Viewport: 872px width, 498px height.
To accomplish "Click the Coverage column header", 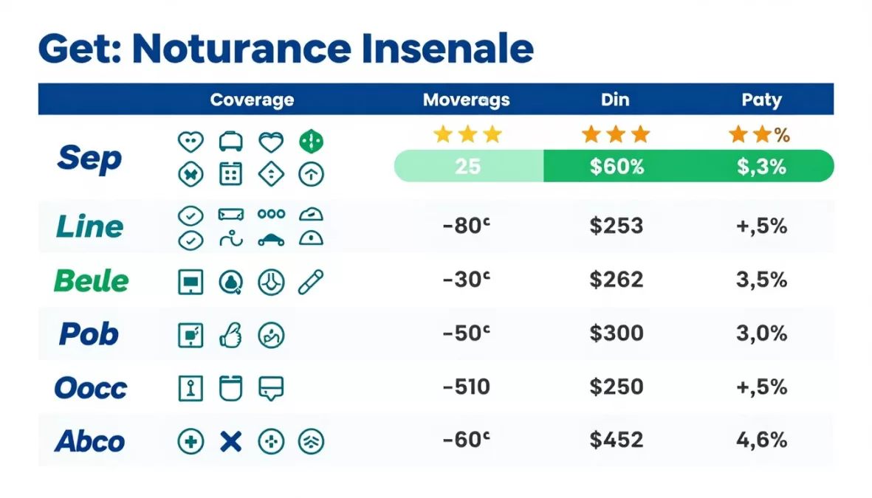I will click(x=252, y=100).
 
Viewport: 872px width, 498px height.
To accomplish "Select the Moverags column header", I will click(x=466, y=100).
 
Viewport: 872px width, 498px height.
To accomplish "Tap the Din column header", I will click(x=615, y=100).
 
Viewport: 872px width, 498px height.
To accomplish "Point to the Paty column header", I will click(x=761, y=100).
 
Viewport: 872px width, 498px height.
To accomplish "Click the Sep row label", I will click(x=89, y=158).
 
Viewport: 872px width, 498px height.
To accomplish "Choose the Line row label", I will click(x=89, y=226).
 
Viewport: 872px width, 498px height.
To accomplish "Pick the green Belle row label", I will click(x=92, y=280).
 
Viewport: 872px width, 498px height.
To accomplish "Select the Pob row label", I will click(x=89, y=334).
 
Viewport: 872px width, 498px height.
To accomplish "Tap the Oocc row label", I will click(x=91, y=387).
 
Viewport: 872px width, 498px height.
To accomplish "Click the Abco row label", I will click(x=90, y=441).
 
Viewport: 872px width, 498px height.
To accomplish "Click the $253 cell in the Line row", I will click(x=616, y=226).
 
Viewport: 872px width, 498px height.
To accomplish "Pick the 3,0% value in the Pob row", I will click(x=761, y=333).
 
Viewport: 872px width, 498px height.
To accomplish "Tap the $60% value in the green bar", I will click(x=617, y=166).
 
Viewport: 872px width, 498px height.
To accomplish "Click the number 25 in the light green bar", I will click(x=467, y=166).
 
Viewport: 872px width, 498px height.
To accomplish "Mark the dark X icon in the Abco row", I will click(x=231, y=441).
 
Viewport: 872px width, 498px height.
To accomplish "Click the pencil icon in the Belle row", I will click(x=311, y=281).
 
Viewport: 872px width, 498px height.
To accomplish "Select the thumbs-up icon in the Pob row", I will click(x=231, y=335).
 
